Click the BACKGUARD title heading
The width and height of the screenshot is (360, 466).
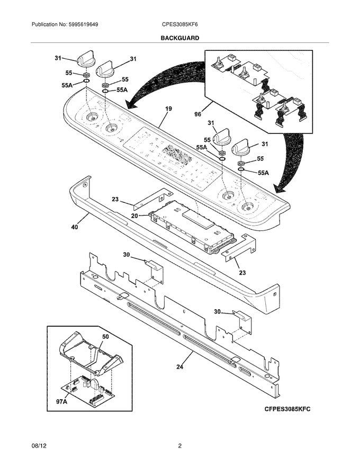tap(179, 38)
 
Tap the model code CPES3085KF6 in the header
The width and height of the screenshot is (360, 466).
tap(181, 24)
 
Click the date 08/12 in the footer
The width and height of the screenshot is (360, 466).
tap(40, 446)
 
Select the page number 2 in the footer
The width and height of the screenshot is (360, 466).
tap(180, 446)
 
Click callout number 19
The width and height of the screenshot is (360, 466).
tap(168, 109)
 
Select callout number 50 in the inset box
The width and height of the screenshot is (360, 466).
tap(105, 337)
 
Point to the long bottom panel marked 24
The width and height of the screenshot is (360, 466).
tap(180, 334)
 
